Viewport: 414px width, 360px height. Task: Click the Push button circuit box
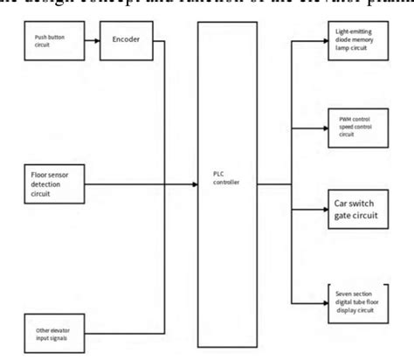[52, 41]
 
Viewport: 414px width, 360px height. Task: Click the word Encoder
[127, 40]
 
